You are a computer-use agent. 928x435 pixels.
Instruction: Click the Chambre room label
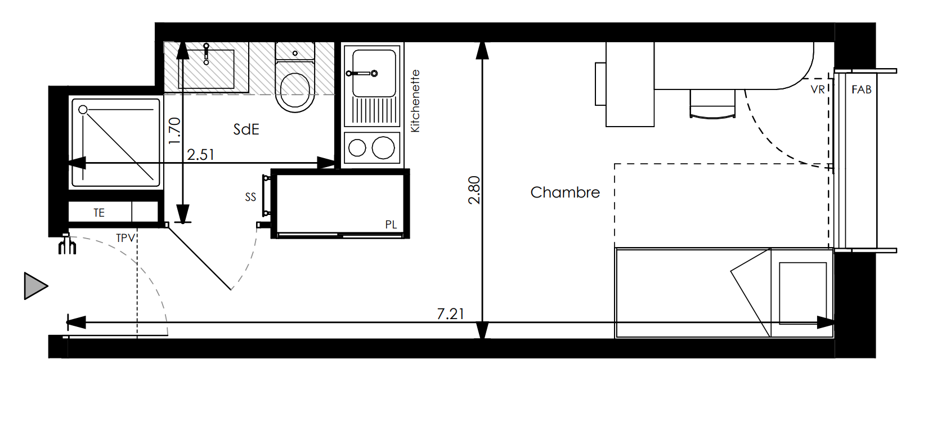point(565,192)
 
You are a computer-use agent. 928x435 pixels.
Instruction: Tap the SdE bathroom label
point(246,129)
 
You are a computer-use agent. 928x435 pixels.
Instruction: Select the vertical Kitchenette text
point(415,101)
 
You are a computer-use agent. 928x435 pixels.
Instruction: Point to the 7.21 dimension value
point(450,313)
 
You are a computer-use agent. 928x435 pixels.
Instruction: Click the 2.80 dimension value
point(474,190)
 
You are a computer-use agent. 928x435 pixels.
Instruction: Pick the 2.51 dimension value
point(200,155)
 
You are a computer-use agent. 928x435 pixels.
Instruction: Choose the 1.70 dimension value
point(175,131)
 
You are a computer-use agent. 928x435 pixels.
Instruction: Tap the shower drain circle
point(83,109)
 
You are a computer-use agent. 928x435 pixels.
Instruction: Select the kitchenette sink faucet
point(362,73)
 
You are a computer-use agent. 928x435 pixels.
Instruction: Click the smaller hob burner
point(357,147)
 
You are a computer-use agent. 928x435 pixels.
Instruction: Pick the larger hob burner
point(383,147)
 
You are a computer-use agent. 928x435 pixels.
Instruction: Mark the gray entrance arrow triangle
point(35,286)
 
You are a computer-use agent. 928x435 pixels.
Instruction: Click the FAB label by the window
point(861,89)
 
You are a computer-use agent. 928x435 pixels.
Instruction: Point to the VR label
point(817,89)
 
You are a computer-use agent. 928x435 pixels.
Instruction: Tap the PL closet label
point(391,225)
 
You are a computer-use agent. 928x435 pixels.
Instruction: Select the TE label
point(98,213)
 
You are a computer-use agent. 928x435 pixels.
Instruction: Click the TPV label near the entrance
point(125,238)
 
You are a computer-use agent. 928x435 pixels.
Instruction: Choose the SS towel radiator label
point(250,197)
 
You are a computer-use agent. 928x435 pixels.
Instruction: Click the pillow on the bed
point(803,293)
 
